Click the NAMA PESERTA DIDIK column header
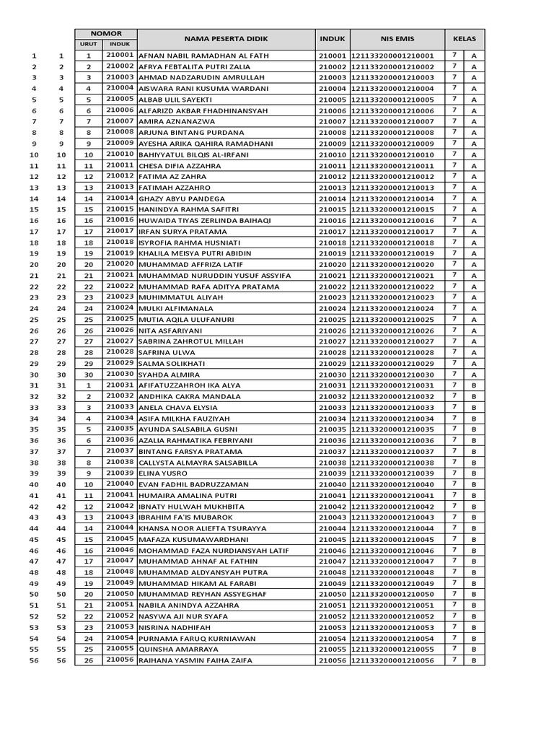[225, 39]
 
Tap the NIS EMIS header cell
[397, 39]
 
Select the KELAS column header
[465, 39]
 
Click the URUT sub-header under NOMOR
[89, 45]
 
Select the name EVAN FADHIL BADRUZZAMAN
[189, 485]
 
